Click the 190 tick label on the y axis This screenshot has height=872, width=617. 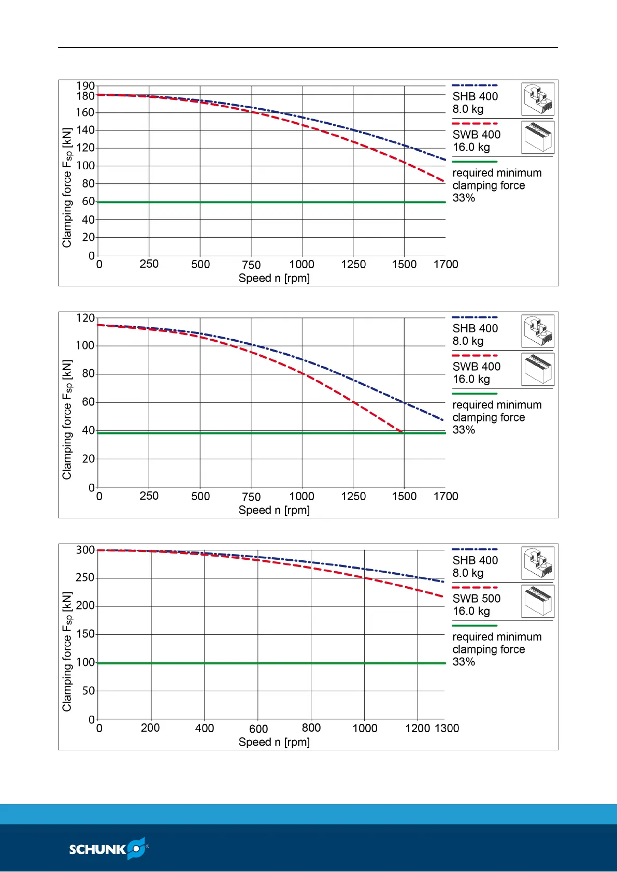point(85,86)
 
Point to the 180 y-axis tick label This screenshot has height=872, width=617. point(85,96)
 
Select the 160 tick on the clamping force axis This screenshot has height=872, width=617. point(85,112)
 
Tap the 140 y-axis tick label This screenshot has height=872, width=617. point(85,130)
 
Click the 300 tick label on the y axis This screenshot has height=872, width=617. point(85,550)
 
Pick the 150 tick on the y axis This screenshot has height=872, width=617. point(85,634)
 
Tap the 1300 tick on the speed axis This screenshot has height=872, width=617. point(447,728)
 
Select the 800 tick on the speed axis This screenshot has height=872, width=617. point(311,728)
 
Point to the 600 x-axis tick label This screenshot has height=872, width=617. point(259,729)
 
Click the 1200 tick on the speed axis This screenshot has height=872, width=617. point(418,728)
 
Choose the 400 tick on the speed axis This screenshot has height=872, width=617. point(205,728)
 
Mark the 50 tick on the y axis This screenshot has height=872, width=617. point(89,691)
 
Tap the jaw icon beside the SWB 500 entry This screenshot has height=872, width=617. point(538,601)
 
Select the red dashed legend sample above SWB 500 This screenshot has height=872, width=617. point(475,588)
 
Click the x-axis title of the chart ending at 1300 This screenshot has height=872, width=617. point(274,742)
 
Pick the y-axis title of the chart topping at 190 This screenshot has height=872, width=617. point(67,187)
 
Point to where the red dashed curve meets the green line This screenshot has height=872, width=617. point(403,432)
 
